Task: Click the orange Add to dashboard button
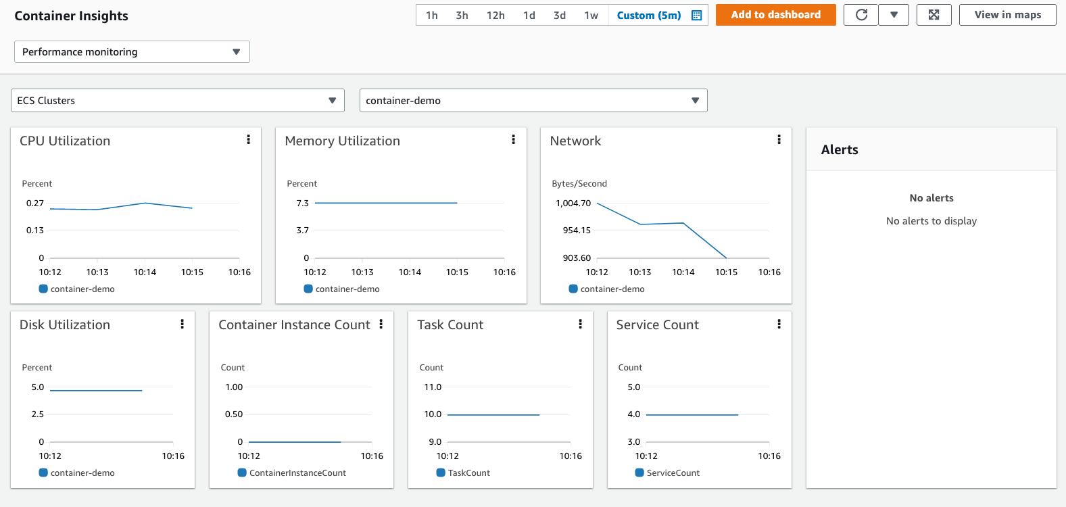pos(775,15)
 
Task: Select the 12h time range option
pos(495,16)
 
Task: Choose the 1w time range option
pos(591,16)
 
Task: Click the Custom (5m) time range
pos(649,16)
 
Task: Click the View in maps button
pos(1007,15)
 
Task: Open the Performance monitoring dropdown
pos(132,52)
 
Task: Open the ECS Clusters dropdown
pos(177,101)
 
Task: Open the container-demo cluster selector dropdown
pos(533,101)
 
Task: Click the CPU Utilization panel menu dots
pos(249,139)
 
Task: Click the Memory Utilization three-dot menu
pos(514,139)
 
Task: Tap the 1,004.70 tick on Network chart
pos(573,203)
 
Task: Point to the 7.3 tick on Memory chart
pos(302,203)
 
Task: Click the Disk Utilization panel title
pos(65,325)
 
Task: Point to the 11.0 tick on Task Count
pos(433,387)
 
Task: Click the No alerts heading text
pos(931,198)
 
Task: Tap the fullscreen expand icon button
pos(934,15)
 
